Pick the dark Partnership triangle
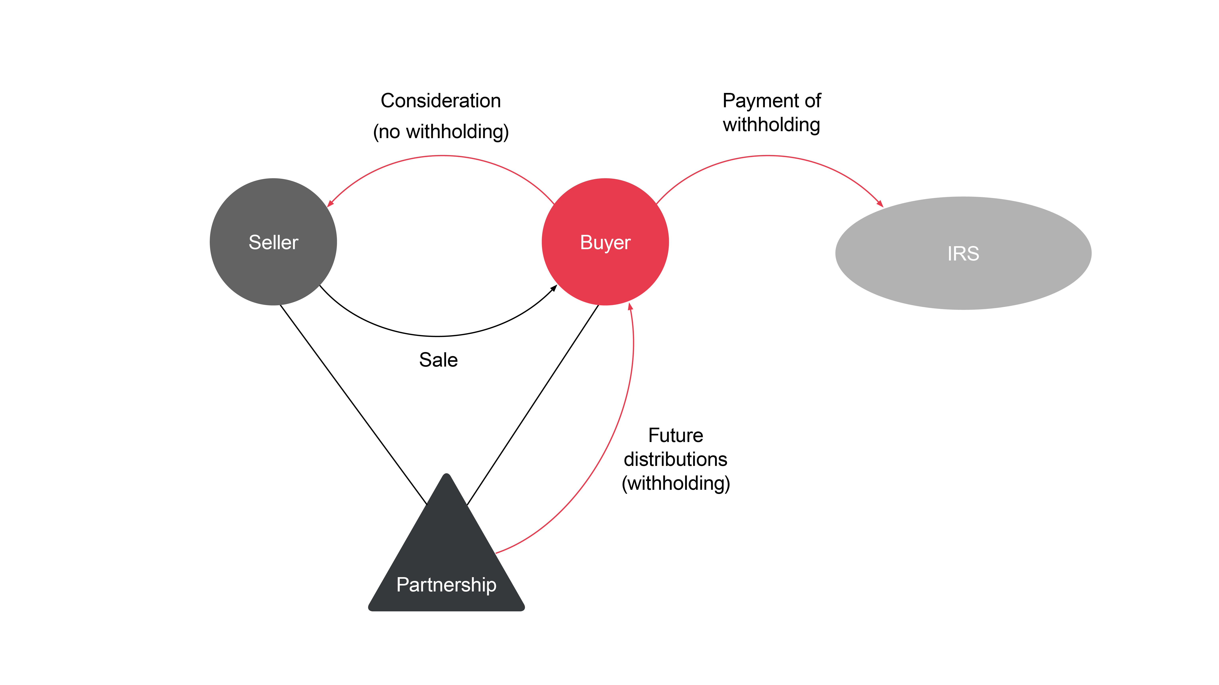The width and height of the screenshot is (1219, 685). pyautogui.click(x=446, y=544)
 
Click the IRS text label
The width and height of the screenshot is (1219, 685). pyautogui.click(x=963, y=254)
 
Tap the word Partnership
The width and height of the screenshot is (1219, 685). pyautogui.click(x=446, y=585)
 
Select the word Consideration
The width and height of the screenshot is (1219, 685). pyautogui.click(x=441, y=101)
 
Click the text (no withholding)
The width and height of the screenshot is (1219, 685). pyautogui.click(x=441, y=132)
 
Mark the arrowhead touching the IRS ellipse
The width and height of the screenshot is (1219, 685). pyautogui.click(x=880, y=204)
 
